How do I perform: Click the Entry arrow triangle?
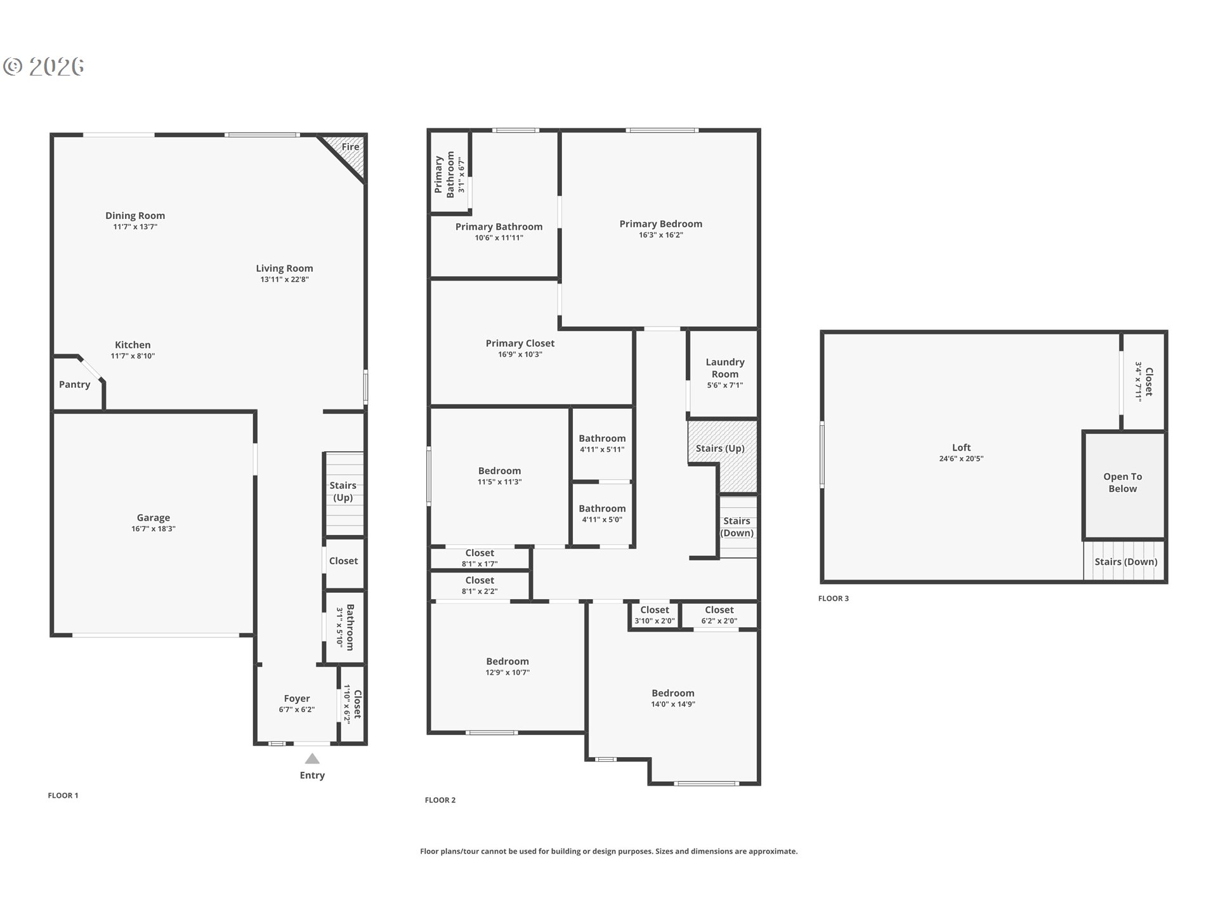click(x=312, y=758)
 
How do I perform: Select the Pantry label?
click(x=75, y=385)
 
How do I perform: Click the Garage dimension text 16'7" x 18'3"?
click(x=154, y=529)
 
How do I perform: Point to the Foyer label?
click(x=297, y=698)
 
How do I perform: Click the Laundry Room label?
click(x=725, y=368)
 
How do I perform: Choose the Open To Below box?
click(x=1123, y=485)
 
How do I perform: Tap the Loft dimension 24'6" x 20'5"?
click(x=961, y=459)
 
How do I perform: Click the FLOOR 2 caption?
click(x=440, y=800)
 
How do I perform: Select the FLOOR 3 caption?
click(x=834, y=599)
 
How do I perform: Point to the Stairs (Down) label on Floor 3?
click(x=1126, y=562)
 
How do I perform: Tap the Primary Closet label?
click(x=520, y=343)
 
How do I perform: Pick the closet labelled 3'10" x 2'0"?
click(x=655, y=615)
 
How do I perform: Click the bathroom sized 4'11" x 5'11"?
click(x=602, y=444)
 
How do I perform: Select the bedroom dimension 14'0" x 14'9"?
click(x=673, y=704)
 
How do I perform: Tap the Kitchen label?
click(x=133, y=345)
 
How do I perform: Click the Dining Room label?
click(x=135, y=216)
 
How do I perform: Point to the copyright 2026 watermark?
click(x=43, y=66)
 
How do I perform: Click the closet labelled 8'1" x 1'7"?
click(x=480, y=558)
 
